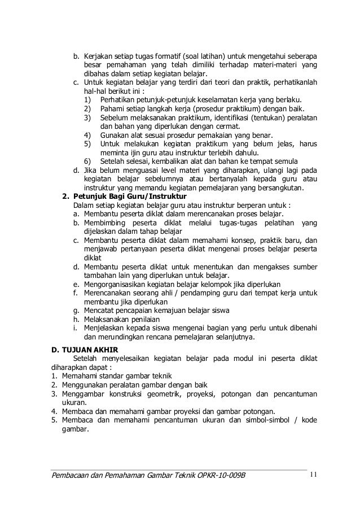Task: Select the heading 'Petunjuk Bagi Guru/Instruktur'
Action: (131, 197)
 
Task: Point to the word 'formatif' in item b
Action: (164, 58)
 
